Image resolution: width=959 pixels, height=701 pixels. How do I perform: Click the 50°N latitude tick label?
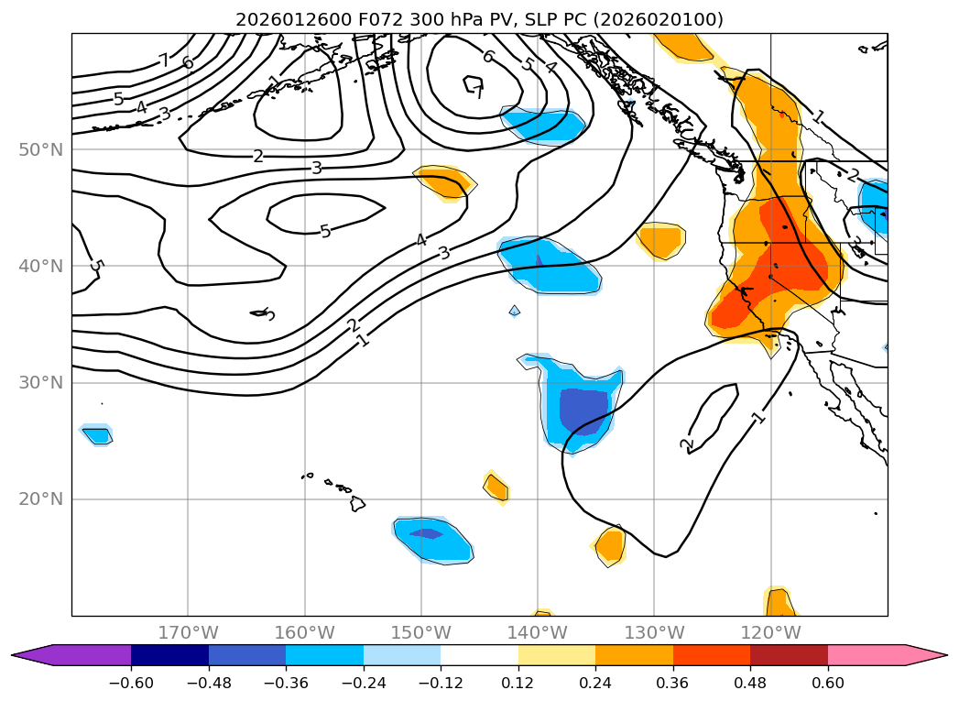(x=41, y=149)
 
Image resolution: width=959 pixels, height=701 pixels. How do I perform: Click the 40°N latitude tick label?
(x=41, y=266)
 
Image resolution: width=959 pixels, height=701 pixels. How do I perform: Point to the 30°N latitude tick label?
(x=41, y=382)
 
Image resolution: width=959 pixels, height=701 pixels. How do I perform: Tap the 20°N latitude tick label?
(x=41, y=499)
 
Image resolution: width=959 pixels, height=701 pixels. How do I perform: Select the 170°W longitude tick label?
(x=188, y=632)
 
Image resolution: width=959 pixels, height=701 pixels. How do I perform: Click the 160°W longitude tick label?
(x=304, y=632)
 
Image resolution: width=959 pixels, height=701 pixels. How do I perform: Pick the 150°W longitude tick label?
(x=421, y=632)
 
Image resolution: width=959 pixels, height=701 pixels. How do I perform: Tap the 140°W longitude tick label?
(x=538, y=632)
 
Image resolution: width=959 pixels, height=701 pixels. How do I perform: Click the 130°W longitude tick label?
(x=654, y=632)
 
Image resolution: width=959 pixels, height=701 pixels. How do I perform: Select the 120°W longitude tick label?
(x=770, y=632)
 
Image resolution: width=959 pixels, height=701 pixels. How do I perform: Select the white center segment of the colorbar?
(x=479, y=655)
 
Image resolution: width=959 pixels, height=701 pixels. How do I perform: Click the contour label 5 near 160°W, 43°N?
(x=325, y=231)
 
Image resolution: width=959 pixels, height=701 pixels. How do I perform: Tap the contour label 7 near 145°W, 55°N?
(x=477, y=90)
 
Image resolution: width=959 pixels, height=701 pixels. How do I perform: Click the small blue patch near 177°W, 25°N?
(x=97, y=435)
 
